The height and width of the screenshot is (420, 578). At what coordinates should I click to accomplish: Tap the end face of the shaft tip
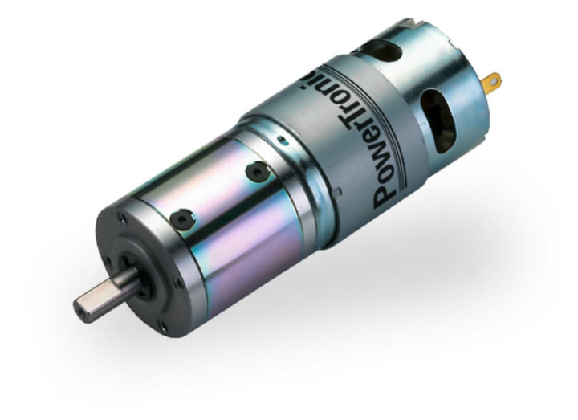click(x=83, y=309)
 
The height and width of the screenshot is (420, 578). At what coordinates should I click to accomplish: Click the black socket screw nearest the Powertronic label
click(x=256, y=171)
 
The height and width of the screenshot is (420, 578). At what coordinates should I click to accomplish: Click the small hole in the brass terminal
click(x=493, y=80)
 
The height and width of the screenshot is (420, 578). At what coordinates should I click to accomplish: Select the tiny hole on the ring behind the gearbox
click(x=280, y=139)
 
